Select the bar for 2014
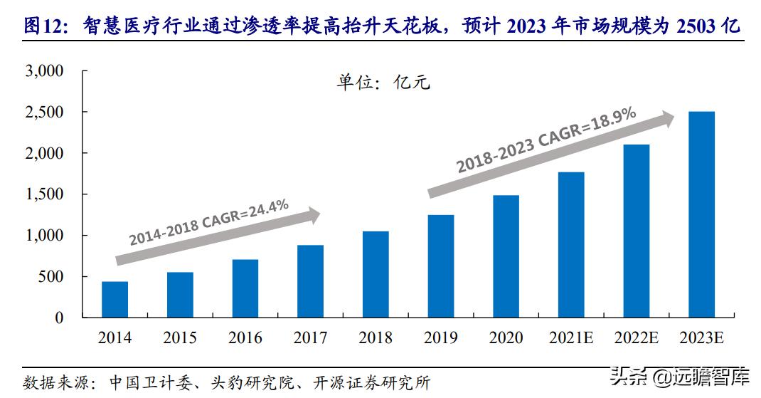[115, 300]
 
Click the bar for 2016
[245, 288]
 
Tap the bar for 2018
[376, 274]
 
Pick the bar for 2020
[506, 256]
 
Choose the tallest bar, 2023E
[701, 214]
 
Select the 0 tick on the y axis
[60, 318]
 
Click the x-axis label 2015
[180, 338]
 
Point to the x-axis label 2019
[440, 338]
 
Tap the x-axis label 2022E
[636, 338]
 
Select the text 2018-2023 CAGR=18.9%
[546, 142]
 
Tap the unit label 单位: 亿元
[383, 83]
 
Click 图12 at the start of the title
[43, 27]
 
